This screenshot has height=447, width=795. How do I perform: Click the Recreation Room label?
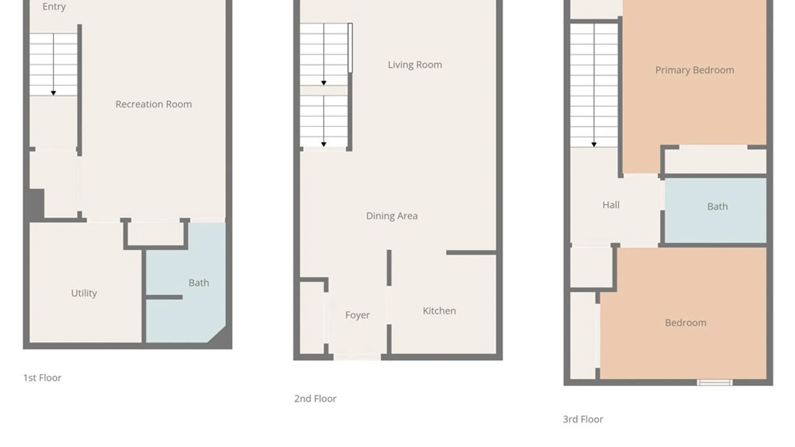tap(154, 104)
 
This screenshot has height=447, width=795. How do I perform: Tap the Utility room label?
tap(84, 293)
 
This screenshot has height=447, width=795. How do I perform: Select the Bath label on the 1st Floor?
tap(199, 283)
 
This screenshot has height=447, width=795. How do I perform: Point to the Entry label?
tap(54, 7)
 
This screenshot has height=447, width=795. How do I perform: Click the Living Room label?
tap(415, 65)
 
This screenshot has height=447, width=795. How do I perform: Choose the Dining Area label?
tap(392, 216)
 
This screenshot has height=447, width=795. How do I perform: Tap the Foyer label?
tap(357, 315)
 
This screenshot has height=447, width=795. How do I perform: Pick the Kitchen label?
tap(439, 311)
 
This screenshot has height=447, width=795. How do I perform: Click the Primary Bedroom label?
tap(695, 70)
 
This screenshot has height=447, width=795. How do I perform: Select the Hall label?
tap(611, 205)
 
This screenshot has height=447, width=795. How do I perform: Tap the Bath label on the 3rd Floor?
tap(718, 207)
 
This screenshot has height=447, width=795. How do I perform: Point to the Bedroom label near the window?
tap(686, 323)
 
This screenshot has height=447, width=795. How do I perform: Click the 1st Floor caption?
tap(42, 378)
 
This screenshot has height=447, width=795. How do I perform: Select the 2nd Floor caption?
tap(316, 399)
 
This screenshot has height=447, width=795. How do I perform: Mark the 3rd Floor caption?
tap(583, 419)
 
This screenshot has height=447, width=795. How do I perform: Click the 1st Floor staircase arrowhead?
tap(53, 94)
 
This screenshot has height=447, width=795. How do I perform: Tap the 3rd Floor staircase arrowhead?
tap(594, 145)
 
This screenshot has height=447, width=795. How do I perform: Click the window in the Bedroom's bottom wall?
tap(714, 382)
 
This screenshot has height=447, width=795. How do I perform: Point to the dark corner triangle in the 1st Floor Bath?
tap(220, 336)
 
